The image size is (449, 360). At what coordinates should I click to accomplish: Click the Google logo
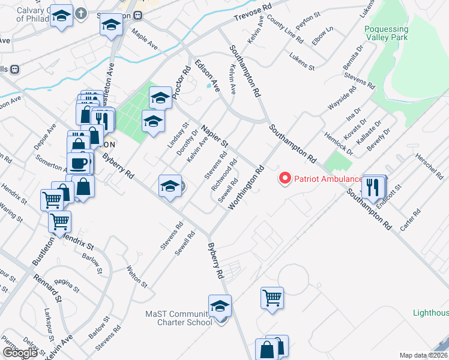[x=20, y=353]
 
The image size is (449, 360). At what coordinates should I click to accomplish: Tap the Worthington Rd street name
[x=246, y=187]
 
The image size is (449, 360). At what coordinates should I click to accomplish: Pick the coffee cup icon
[x=79, y=163]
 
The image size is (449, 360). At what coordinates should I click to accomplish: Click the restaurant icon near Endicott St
[x=375, y=187]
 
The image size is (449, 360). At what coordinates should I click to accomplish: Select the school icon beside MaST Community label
[x=220, y=306]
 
